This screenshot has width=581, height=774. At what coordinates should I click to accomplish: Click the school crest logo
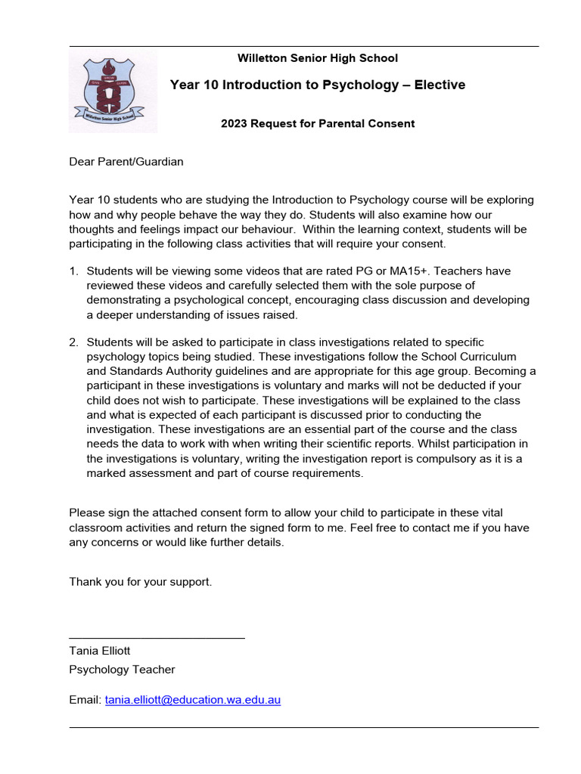click(113, 92)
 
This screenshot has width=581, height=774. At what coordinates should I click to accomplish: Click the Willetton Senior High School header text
click(317, 58)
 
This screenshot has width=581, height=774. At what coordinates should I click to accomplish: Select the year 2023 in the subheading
click(234, 123)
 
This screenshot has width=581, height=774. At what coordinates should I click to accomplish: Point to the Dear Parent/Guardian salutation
click(126, 161)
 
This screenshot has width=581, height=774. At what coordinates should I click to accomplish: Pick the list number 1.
click(73, 271)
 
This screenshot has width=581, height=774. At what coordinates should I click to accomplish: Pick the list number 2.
click(73, 342)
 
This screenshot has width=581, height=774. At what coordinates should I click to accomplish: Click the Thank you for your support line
click(141, 581)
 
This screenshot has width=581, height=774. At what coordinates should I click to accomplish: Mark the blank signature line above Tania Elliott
click(157, 638)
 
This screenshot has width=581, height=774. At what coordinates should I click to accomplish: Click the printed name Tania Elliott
click(104, 650)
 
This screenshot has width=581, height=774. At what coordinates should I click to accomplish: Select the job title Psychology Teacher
click(122, 669)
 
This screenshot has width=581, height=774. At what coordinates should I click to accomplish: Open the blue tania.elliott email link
click(193, 700)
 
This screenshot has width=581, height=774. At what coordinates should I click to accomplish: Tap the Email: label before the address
click(85, 700)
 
